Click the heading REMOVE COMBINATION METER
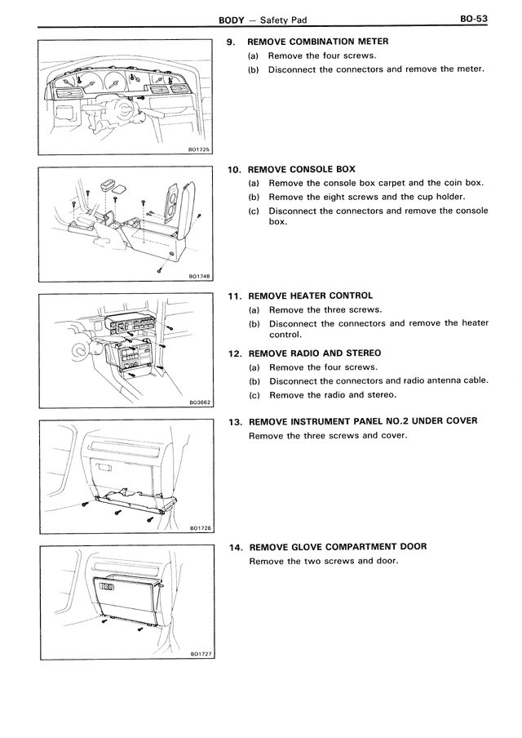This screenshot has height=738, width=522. click(x=317, y=41)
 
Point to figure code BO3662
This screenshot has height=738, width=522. click(x=199, y=402)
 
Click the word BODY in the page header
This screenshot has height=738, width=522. click(x=232, y=17)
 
